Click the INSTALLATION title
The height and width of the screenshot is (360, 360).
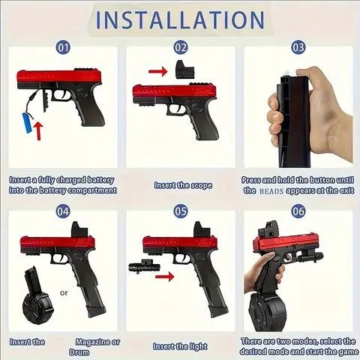click(180, 20)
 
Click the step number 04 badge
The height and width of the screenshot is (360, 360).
click(64, 212)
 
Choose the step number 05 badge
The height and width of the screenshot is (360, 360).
click(181, 212)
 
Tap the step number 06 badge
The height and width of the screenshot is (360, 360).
click(298, 212)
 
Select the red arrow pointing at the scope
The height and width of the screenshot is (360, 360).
click(158, 71)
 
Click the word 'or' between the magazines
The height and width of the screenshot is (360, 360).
click(64, 293)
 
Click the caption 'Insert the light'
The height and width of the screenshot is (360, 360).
click(180, 346)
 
